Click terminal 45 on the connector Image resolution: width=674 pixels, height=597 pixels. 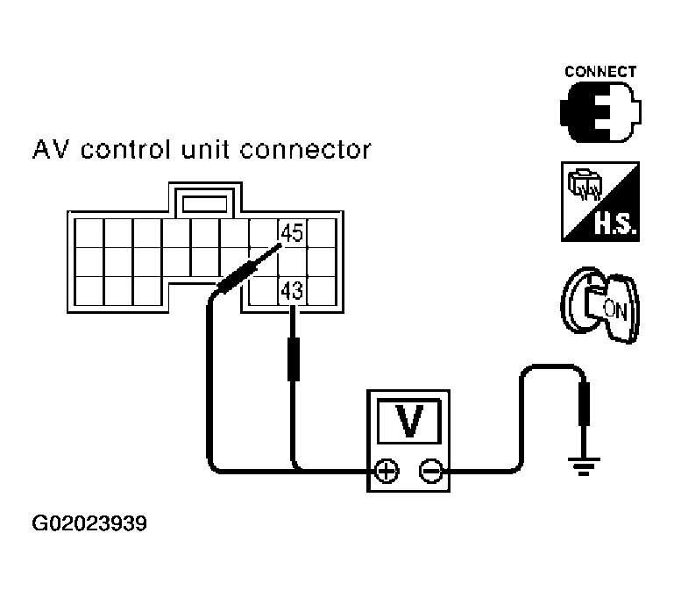coord(291,233)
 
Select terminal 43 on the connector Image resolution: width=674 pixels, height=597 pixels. coord(291,289)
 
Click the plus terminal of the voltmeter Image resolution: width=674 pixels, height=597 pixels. coord(384,472)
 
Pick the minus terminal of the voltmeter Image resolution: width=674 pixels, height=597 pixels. coord(430,472)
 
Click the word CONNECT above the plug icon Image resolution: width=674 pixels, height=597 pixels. coord(600,72)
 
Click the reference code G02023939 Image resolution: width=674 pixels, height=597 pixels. coord(89,525)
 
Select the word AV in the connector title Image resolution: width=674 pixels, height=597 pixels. coord(50,150)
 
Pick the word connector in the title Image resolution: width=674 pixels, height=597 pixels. coord(307,150)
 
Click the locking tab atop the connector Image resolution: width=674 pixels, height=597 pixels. coord(204,203)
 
